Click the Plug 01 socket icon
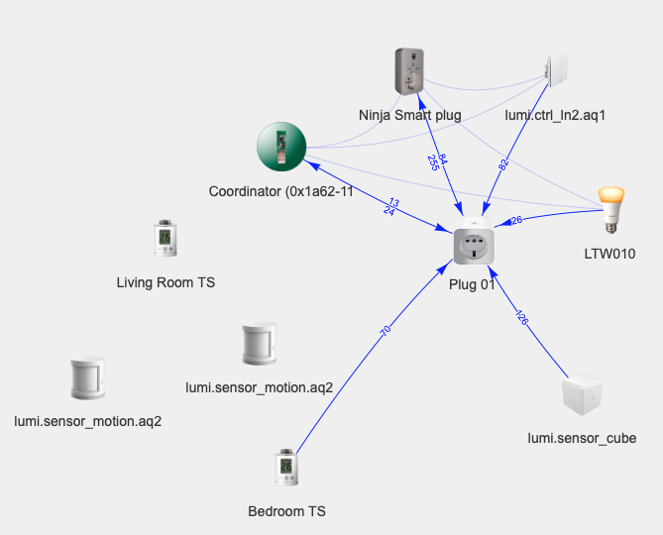tap(475, 244)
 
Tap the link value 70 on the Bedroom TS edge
tap(386, 331)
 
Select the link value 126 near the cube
tap(522, 318)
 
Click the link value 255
tap(433, 163)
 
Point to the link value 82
tap(503, 163)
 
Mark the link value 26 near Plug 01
tap(516, 220)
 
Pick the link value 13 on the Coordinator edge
tap(393, 202)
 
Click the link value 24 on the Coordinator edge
tap(387, 210)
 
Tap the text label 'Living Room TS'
tap(166, 282)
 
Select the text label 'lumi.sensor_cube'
tap(582, 438)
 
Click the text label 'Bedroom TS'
tap(286, 511)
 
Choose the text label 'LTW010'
tap(609, 253)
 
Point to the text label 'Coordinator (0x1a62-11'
tap(281, 190)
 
